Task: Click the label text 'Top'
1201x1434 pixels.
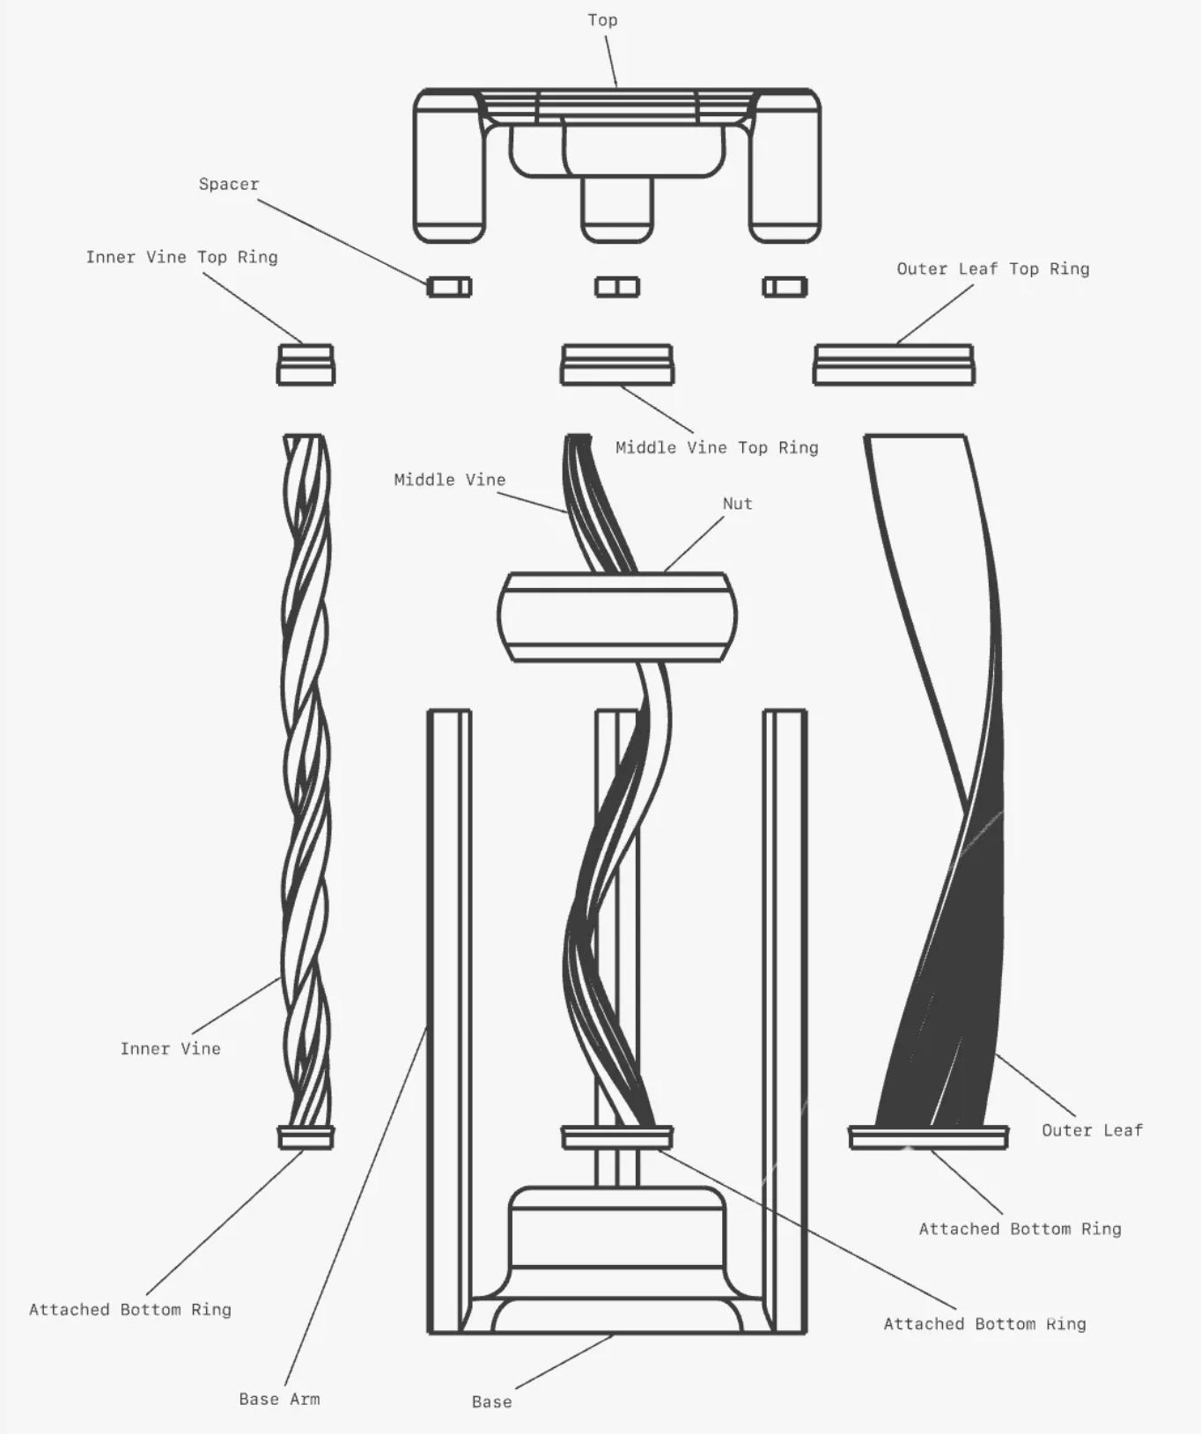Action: coord(602,20)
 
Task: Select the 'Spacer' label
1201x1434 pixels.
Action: coord(229,185)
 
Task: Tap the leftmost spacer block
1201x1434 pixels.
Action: coord(449,287)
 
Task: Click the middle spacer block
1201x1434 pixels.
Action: coord(616,287)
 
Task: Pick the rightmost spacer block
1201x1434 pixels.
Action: coord(784,287)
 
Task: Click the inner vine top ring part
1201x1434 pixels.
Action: coord(306,365)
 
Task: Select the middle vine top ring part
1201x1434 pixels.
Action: coord(616,365)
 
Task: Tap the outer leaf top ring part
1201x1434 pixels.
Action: coord(893,365)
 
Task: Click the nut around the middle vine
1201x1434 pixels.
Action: coord(616,616)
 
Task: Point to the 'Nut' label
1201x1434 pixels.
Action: coord(738,504)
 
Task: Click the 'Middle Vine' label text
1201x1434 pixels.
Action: coord(449,480)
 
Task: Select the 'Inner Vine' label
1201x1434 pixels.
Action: coord(170,1048)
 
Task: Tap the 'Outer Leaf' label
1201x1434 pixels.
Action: coord(1092,1130)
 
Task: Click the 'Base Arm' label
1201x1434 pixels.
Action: coord(279,1399)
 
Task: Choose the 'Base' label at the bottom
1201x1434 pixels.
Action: coord(491,1401)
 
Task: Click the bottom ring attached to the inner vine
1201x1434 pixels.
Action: coord(306,1137)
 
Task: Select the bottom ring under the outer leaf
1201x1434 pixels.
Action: coord(928,1137)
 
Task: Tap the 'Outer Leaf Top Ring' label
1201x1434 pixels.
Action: coord(992,269)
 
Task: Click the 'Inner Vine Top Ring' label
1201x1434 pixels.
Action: coord(181,257)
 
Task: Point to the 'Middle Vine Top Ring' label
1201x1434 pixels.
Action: coord(717,448)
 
